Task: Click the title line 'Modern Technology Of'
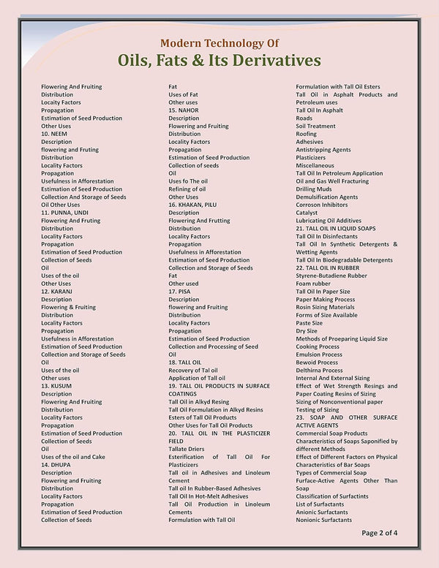click(219, 43)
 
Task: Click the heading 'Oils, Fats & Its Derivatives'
click(219, 60)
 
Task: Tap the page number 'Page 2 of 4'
click(379, 533)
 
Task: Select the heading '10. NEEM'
click(55, 134)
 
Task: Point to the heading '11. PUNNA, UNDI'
click(64, 213)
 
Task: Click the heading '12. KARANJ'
click(57, 292)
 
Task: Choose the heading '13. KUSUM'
click(56, 386)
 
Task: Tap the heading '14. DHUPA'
click(56, 465)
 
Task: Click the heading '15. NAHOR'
click(184, 110)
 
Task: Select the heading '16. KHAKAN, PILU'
click(192, 205)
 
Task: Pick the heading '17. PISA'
click(179, 292)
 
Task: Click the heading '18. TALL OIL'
click(185, 363)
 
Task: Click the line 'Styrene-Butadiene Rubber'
click(331, 276)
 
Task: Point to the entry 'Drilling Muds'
click(314, 189)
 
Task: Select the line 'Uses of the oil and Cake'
click(73, 457)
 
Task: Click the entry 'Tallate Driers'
click(187, 449)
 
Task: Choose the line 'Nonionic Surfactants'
click(323, 520)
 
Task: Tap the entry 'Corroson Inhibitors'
click(322, 205)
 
